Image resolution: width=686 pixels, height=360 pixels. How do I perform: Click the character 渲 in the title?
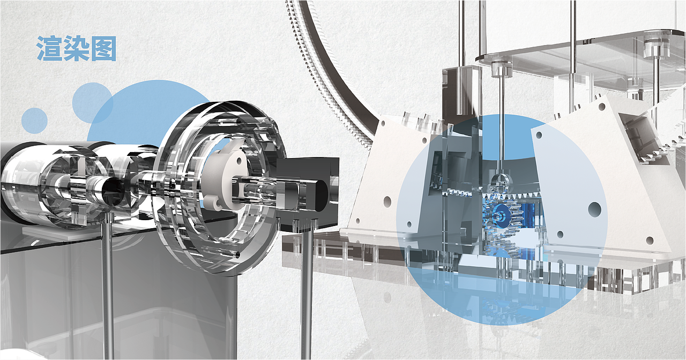49,48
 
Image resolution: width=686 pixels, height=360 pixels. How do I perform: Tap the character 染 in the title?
76,48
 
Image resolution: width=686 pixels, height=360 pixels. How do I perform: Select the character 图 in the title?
103,48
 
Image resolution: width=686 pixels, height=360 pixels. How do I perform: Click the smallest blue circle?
34,121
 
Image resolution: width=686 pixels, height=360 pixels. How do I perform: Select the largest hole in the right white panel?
594,209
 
